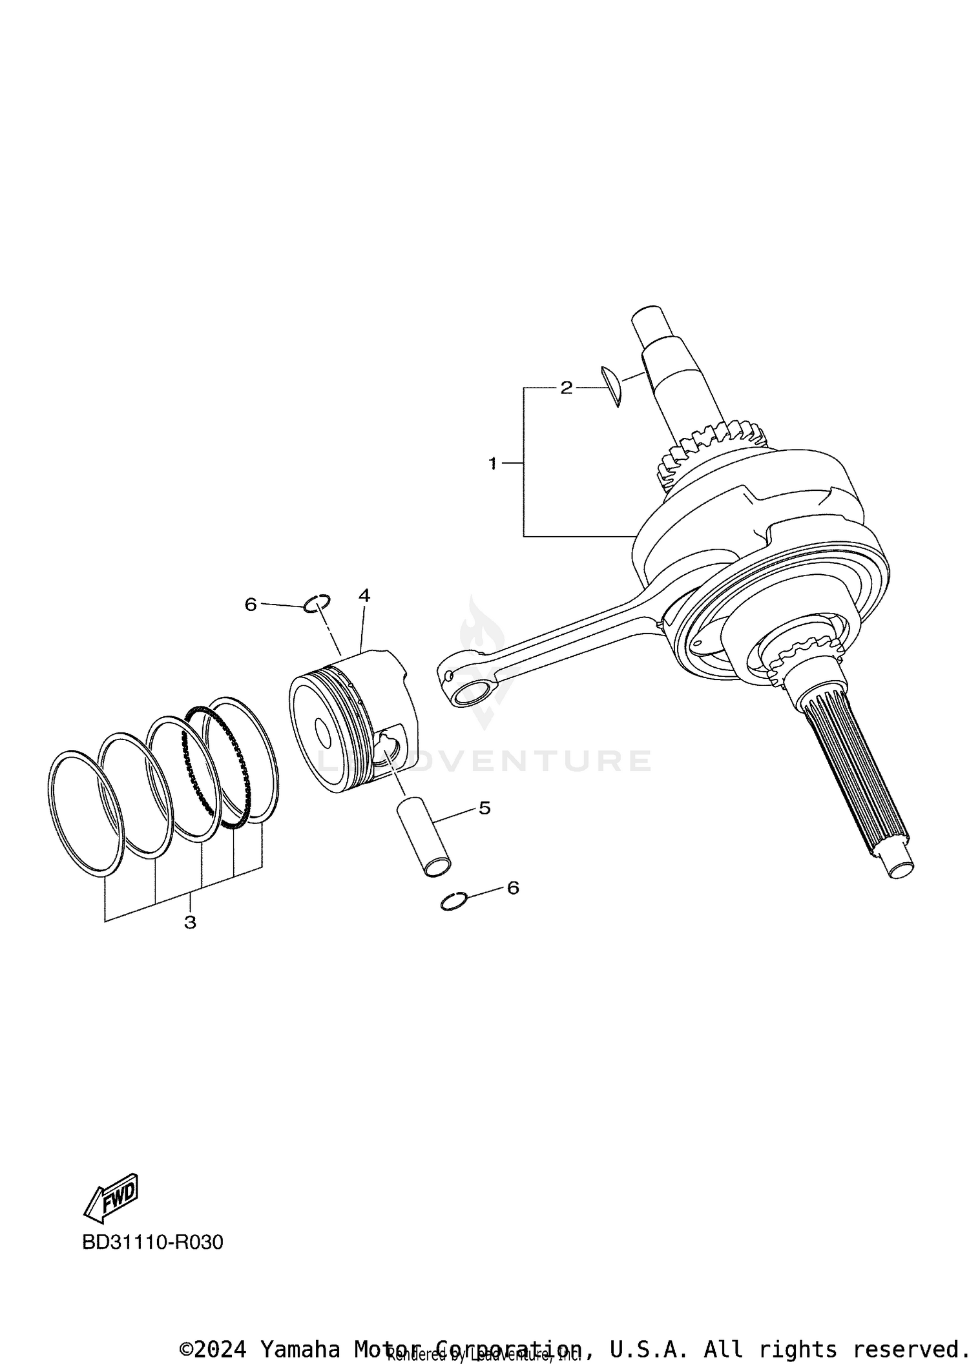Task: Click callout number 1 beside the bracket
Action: (492, 463)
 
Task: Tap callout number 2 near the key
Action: (566, 388)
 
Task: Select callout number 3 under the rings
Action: (190, 922)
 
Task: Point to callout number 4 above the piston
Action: (364, 595)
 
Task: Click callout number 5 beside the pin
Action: (484, 807)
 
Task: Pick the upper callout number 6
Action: (251, 604)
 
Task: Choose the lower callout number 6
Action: (513, 888)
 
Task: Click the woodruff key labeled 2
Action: (612, 386)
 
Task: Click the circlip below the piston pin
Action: (453, 901)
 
